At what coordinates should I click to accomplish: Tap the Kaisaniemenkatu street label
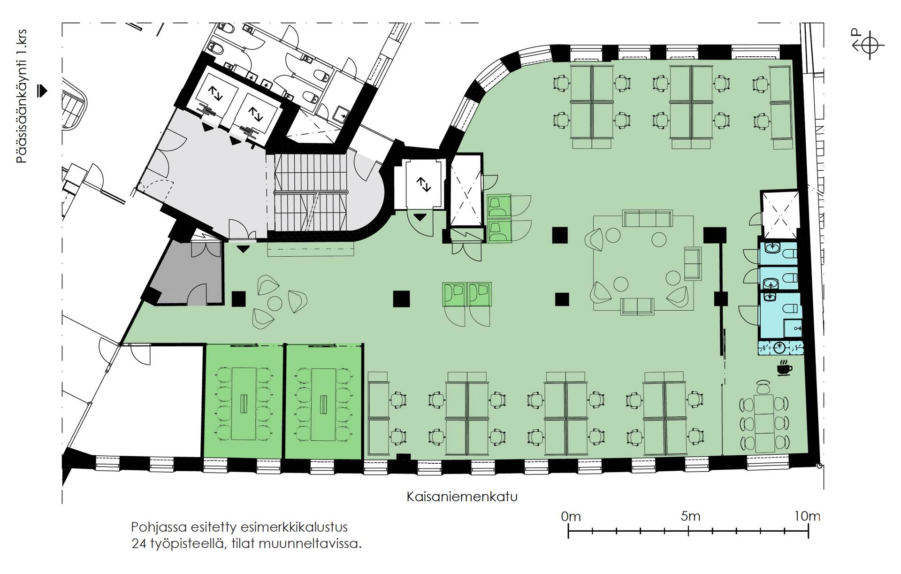coord(462,497)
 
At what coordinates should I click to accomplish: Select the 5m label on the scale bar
coord(690,516)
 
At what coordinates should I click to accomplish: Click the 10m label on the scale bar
coord(807,516)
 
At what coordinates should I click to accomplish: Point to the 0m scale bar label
coord(571,516)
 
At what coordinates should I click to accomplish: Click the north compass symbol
coord(868,45)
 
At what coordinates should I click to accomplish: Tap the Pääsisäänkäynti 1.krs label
coord(22,97)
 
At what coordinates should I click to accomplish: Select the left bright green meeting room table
coord(244,404)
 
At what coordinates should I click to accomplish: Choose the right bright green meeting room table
coord(323,404)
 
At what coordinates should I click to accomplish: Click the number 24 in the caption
coord(138,544)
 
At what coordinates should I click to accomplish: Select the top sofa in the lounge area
coord(647,219)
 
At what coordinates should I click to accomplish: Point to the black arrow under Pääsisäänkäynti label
coord(43,91)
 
